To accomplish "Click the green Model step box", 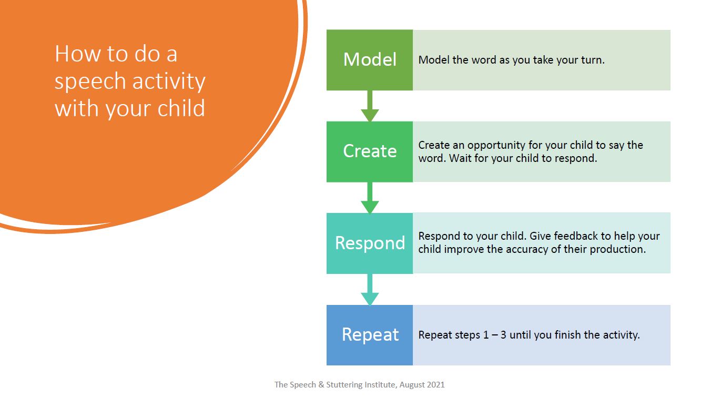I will coord(369,60).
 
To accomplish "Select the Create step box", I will coord(369,151).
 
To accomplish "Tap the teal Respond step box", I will coord(369,243).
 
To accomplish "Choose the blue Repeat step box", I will coord(369,335).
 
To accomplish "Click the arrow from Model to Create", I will coord(370,107).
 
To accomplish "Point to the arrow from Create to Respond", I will coord(370,199).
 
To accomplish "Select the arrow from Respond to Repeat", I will coord(370,290).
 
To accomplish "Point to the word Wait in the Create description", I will coord(460,158).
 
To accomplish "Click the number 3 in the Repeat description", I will coord(503,335).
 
